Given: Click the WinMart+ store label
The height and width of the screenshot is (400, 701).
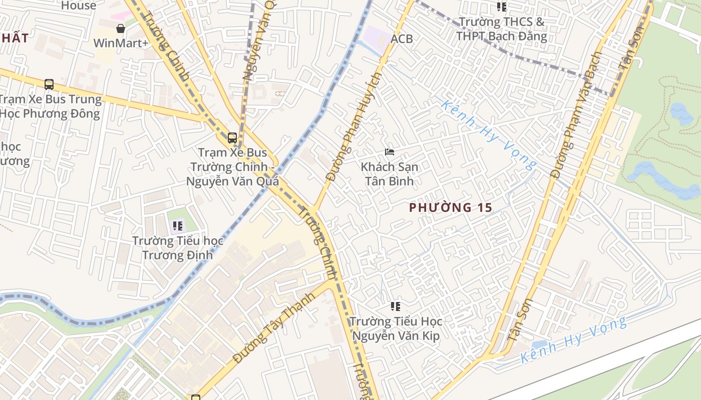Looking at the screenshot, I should [121, 43].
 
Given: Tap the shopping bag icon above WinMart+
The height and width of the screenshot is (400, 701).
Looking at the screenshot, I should [121, 28].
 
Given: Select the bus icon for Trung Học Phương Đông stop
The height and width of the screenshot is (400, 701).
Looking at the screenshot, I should [49, 84].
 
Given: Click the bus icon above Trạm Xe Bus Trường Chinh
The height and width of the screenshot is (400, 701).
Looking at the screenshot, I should [232, 138].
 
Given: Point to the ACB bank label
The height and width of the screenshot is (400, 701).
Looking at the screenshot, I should [402, 38].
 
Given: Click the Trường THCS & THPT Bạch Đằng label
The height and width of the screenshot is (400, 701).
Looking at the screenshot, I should [501, 29].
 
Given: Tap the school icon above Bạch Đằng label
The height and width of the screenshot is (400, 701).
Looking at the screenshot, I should [501, 7].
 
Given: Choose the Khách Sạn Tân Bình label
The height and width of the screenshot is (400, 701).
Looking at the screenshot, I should [390, 173].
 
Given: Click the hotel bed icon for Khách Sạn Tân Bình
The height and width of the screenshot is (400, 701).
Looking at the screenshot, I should [390, 151].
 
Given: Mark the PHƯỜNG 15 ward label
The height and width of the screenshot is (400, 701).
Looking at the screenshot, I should [451, 207].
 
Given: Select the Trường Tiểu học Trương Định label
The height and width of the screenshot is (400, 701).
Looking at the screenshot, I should [178, 248].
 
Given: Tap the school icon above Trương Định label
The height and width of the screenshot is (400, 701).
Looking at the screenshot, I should [178, 226].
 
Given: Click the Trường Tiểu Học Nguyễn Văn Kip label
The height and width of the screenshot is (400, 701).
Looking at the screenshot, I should [396, 328].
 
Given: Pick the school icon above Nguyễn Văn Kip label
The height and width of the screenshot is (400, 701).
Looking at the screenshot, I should [396, 306].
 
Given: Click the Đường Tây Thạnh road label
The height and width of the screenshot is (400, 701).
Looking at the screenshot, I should [274, 327].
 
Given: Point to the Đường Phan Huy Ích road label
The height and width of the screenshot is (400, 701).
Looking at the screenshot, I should [354, 127].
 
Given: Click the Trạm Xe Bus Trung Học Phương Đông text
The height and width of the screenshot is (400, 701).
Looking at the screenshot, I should [50, 106].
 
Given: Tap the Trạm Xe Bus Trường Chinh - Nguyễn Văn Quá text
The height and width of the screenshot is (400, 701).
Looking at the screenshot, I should [232, 167].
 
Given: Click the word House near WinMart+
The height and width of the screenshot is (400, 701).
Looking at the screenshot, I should [78, 5].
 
